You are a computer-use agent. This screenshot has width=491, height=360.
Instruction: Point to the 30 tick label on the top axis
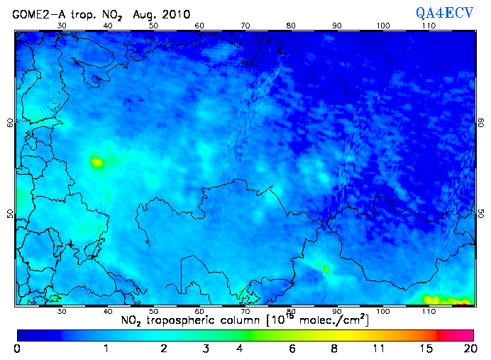point(62,26)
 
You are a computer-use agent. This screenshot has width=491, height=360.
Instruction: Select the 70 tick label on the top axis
point(245,26)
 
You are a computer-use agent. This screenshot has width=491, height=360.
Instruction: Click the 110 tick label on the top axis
point(429,26)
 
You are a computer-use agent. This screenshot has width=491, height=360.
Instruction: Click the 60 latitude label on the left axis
point(9,122)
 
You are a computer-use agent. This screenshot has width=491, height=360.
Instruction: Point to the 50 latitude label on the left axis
point(9,214)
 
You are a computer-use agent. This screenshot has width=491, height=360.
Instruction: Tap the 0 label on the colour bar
point(17,349)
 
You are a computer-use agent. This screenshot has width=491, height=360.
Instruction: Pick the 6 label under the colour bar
point(292,349)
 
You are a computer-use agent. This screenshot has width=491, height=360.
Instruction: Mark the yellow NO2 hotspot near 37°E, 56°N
point(96,162)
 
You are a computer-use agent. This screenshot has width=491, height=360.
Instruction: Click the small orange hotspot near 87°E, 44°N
point(326,269)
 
